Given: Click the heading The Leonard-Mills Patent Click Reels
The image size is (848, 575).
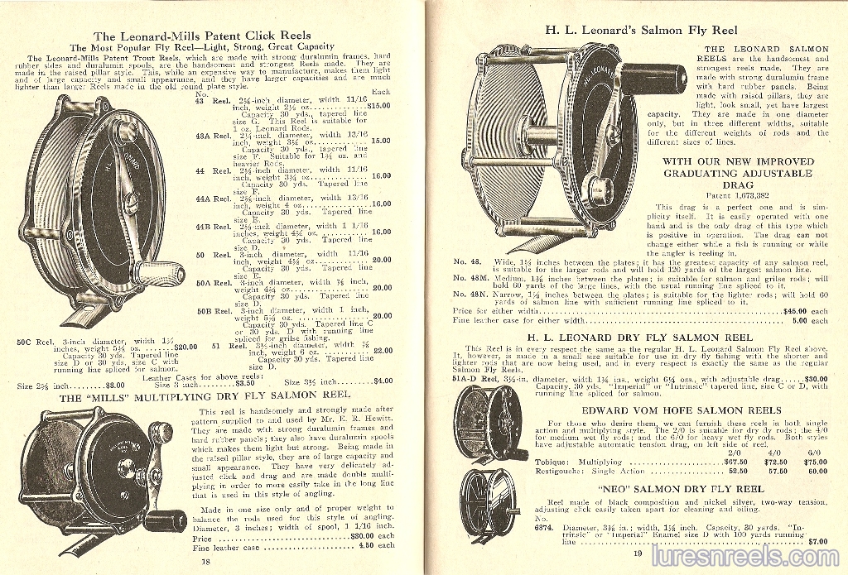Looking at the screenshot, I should click(203, 36).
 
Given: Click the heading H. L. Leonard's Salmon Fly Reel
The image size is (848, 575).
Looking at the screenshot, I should click(630, 30).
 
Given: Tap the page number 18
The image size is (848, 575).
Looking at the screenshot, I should click(205, 560).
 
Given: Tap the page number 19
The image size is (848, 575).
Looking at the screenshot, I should click(637, 553).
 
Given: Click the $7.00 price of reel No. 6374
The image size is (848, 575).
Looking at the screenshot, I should click(817, 541).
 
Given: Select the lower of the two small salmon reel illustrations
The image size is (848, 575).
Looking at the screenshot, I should click(488, 504).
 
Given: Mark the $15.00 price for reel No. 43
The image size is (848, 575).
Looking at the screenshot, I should click(379, 106).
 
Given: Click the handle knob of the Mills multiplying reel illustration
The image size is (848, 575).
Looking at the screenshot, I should click(160, 521).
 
